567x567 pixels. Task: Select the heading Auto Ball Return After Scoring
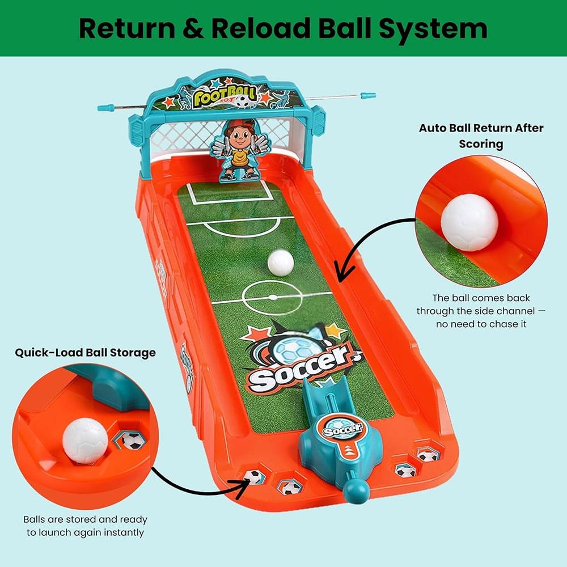pos(481,136)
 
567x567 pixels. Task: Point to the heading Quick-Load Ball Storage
pos(85,352)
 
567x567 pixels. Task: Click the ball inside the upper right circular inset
pos(469,222)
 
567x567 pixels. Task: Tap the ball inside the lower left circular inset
pos(85,440)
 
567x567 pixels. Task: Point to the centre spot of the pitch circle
pos(272,297)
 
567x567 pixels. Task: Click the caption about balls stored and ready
pos(85,526)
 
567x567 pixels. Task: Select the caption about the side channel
pos(481,311)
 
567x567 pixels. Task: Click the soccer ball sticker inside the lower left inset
pos(132,439)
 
